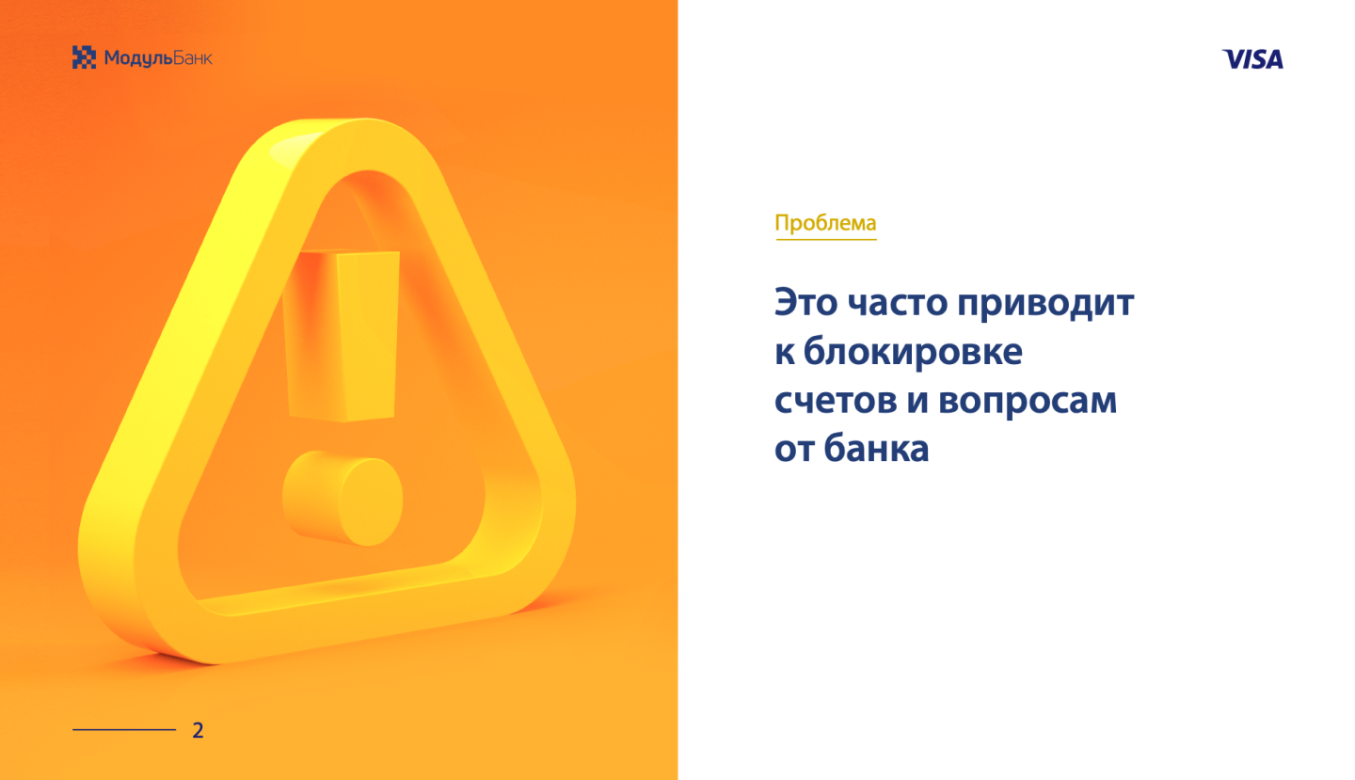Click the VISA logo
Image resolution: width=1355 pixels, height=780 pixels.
(x=1252, y=59)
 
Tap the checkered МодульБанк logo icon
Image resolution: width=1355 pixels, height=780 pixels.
(x=84, y=57)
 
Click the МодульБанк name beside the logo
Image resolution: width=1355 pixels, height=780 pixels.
(x=158, y=58)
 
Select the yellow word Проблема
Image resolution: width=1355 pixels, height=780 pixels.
(x=825, y=223)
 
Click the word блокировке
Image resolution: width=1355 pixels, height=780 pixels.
(x=913, y=352)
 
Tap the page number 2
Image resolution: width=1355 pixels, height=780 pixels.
(x=198, y=730)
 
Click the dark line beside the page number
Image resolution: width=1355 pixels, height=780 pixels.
(x=124, y=730)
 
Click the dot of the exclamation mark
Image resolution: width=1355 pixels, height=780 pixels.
(x=343, y=498)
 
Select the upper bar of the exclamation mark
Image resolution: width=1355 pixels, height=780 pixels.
(x=341, y=336)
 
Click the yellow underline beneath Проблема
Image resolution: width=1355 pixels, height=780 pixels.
(x=826, y=239)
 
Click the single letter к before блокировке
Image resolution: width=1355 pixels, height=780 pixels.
(x=785, y=353)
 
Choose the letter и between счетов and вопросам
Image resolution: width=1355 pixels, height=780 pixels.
(x=917, y=401)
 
